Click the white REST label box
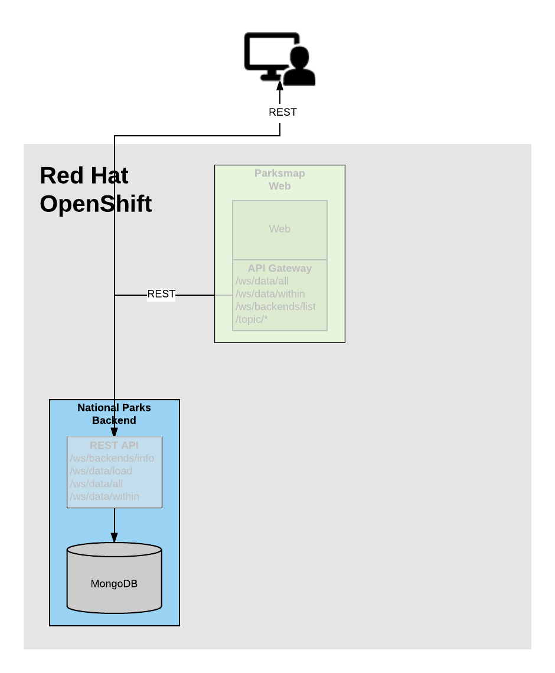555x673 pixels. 282,113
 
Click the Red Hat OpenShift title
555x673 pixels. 95,190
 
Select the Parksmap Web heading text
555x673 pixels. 279,179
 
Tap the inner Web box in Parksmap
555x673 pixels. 279,229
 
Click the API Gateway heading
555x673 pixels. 279,268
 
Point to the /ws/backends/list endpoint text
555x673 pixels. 275,306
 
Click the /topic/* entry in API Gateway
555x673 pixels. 252,319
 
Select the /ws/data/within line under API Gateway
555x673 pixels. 270,293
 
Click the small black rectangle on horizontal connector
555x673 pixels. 161,295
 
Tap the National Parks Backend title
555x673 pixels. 114,414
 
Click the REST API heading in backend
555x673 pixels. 114,445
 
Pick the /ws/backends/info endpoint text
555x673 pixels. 112,458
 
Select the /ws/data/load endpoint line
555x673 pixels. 101,471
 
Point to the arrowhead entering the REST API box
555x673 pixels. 114,432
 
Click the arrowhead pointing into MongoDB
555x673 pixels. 114,537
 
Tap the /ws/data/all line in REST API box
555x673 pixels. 96,483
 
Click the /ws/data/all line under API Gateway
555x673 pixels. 262,281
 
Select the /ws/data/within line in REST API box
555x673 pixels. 105,496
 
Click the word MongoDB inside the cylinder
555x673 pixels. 114,584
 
